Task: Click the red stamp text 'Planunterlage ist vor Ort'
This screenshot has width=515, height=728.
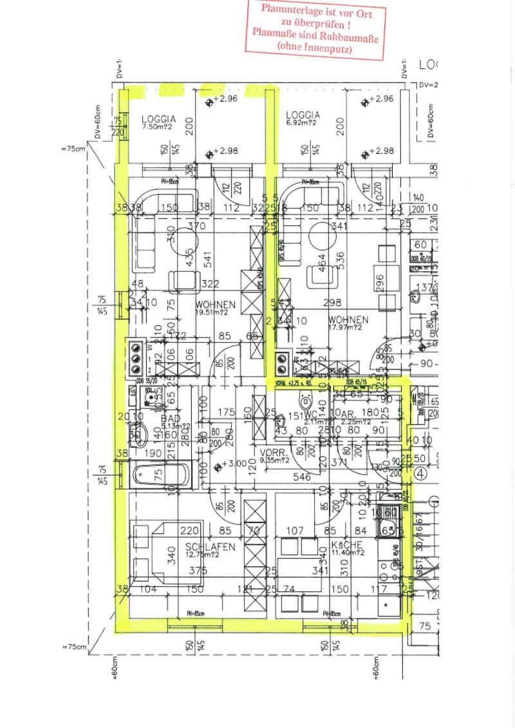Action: point(315,11)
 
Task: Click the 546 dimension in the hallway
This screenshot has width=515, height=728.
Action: point(302,477)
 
